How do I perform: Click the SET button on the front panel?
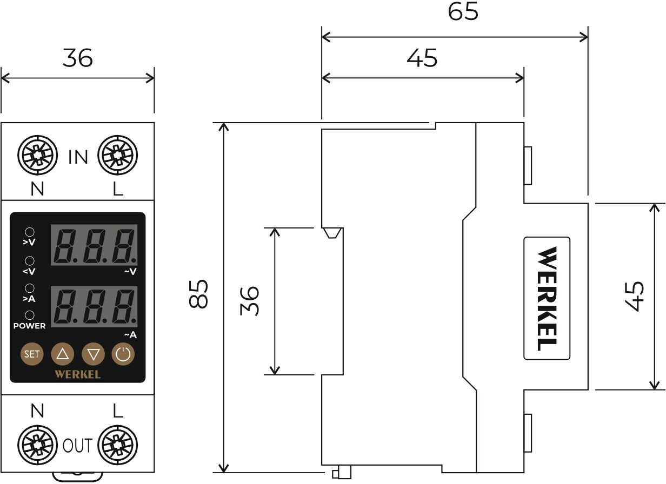[32, 354]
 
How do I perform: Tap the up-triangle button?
[62, 354]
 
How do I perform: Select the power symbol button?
[123, 354]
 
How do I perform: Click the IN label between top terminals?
[78, 157]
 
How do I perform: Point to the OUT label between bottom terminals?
[78, 446]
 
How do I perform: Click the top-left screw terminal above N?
[38, 156]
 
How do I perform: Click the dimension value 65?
[463, 12]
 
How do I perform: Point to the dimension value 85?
[198, 294]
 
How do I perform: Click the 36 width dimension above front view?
[77, 58]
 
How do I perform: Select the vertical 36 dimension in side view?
[249, 301]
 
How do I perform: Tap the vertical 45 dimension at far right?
[634, 296]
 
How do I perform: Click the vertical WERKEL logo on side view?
[547, 298]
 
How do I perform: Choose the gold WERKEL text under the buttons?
[78, 373]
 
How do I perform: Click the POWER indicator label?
[29, 326]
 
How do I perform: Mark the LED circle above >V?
[29, 232]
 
